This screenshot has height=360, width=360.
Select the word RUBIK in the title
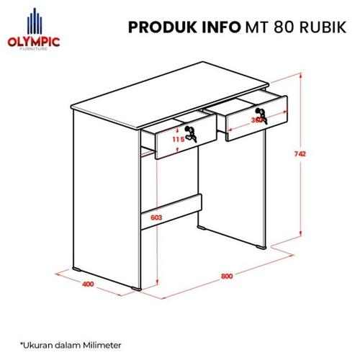322,28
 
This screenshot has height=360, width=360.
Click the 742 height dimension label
310,154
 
